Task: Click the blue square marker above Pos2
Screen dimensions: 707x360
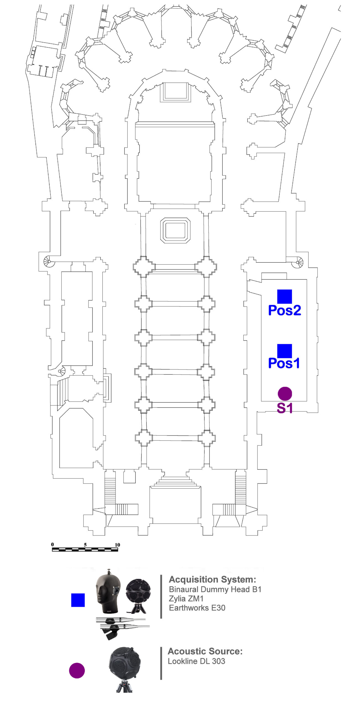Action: point(285,297)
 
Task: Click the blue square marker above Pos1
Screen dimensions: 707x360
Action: point(285,351)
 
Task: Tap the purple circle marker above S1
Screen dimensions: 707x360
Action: point(285,394)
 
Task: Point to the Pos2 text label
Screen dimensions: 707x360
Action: point(285,310)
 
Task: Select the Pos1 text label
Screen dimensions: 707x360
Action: point(284,363)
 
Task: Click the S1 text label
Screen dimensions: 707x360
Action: point(285,408)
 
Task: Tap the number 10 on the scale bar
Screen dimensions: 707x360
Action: point(117,545)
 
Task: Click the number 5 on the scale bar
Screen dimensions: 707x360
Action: point(85,545)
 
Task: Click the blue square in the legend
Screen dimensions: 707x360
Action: point(78,600)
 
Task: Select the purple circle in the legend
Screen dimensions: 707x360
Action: point(77,670)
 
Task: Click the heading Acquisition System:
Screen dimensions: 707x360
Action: point(212,579)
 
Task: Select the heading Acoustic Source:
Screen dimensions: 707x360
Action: point(205,651)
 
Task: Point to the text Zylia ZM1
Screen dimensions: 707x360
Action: point(186,598)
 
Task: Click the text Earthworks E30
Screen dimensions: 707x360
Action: point(197,608)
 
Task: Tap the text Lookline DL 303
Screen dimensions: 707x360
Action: point(196,661)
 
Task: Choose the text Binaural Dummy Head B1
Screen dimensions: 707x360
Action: point(215,589)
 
